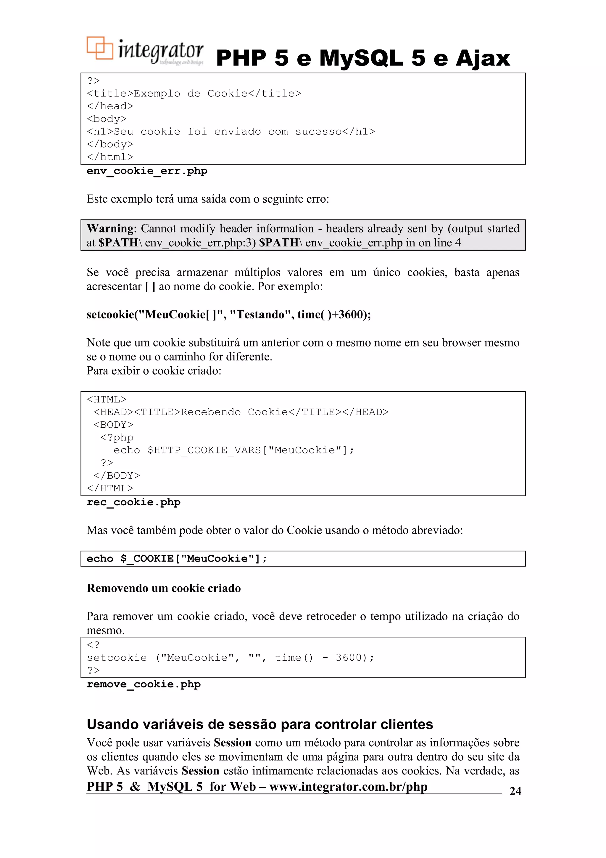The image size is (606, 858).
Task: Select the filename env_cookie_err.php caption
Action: pos(147,171)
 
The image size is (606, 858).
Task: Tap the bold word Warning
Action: pos(110,228)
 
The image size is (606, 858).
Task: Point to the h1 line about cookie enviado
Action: pos(231,131)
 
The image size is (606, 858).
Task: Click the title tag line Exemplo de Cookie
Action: pos(194,93)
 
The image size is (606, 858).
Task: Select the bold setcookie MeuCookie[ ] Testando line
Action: pos(228,314)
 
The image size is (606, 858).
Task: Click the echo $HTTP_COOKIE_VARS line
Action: pos(233,450)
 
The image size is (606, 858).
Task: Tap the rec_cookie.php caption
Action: pos(133,502)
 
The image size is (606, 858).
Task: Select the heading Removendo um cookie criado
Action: pos(164,588)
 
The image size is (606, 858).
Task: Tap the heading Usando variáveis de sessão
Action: pos(260,724)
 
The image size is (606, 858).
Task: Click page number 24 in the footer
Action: pos(515,791)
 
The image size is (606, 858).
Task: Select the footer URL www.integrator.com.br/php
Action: pos(348,787)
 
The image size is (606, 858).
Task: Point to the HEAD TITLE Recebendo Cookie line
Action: pos(241,412)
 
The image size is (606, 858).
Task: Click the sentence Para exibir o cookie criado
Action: pos(154,371)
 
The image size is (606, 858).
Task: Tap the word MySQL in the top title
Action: pos(361,58)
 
